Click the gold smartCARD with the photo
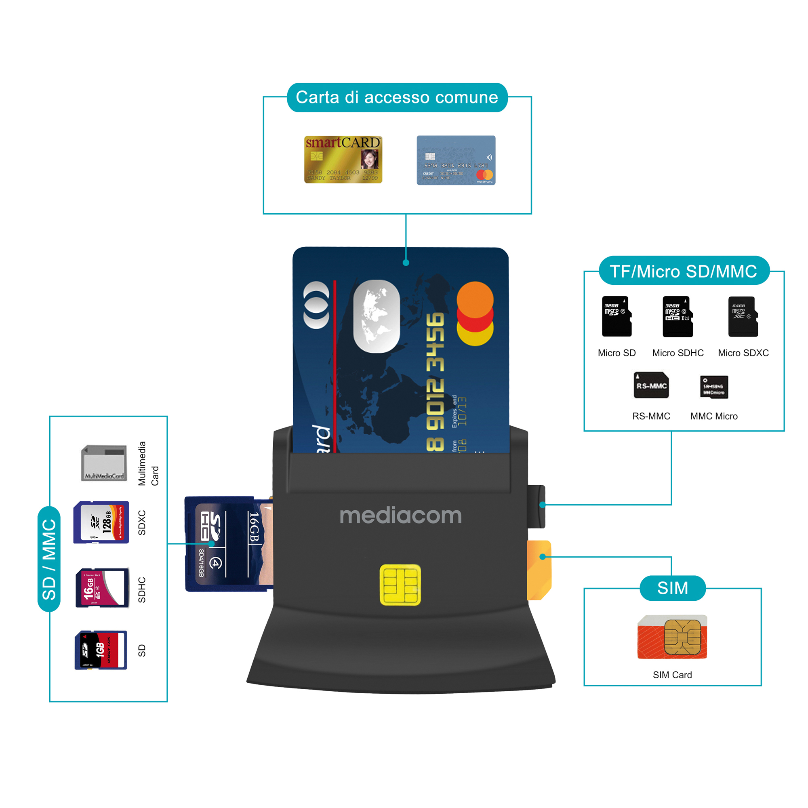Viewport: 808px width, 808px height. [x=343, y=159]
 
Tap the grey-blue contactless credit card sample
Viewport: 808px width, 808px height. [x=456, y=160]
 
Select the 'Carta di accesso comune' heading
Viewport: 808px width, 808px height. [x=397, y=97]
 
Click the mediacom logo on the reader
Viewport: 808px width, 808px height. [x=401, y=516]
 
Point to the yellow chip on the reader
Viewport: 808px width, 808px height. [x=400, y=585]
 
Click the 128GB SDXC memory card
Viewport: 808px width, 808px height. [x=101, y=522]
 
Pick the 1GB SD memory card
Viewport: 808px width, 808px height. [x=101, y=650]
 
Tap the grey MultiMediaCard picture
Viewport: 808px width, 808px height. [x=104, y=463]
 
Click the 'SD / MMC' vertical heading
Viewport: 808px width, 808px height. [x=49, y=559]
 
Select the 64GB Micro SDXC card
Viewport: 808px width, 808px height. [x=743, y=317]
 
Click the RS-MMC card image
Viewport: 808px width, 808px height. [x=651, y=385]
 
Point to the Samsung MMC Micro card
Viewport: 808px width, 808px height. [x=714, y=387]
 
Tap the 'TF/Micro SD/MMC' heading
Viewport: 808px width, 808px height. [x=684, y=271]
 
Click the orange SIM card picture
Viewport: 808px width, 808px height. [x=672, y=637]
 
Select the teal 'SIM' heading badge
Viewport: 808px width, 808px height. [x=673, y=588]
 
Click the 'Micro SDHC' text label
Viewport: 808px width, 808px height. [x=678, y=353]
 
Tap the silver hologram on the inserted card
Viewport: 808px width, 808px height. [x=377, y=317]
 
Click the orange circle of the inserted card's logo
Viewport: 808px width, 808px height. [x=475, y=299]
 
